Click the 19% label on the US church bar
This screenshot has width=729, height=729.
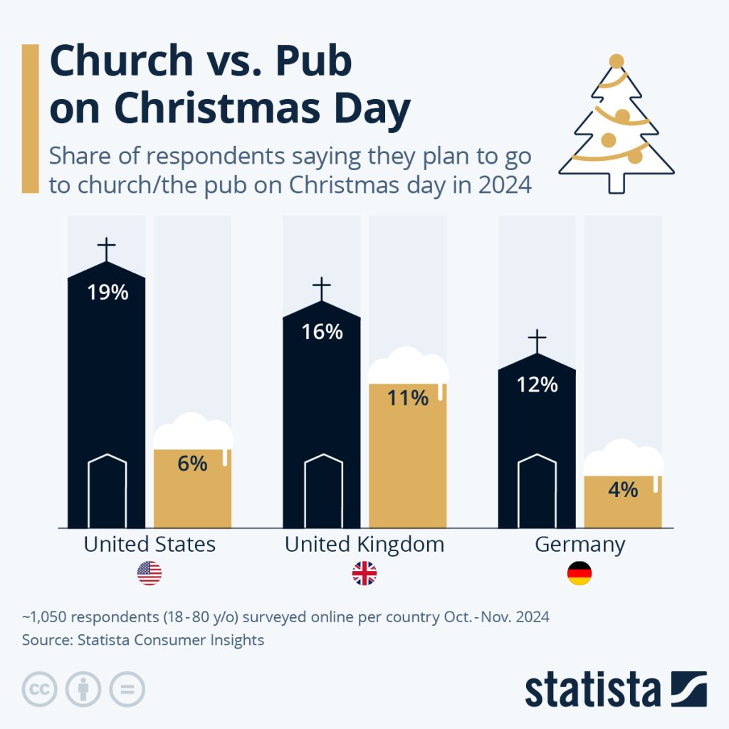click(x=107, y=292)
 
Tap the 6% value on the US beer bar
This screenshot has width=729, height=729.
click(x=192, y=463)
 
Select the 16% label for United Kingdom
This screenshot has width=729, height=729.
click(x=322, y=332)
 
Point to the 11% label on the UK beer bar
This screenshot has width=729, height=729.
click(x=407, y=397)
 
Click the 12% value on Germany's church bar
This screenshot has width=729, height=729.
click(x=537, y=384)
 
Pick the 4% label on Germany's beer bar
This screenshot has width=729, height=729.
click(x=623, y=490)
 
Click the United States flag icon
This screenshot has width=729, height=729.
click(x=150, y=574)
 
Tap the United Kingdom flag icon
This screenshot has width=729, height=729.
click(x=364, y=574)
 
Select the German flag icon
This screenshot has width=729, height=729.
click(x=579, y=574)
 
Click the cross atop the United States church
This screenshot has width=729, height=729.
click(x=107, y=250)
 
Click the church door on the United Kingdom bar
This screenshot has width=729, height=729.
click(x=322, y=491)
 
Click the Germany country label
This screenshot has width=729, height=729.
click(x=579, y=545)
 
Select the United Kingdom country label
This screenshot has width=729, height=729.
click(x=364, y=545)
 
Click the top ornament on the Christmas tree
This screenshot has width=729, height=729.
click(x=617, y=61)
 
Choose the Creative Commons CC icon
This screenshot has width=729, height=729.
click(x=40, y=689)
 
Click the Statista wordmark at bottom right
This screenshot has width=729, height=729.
click(x=592, y=689)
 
